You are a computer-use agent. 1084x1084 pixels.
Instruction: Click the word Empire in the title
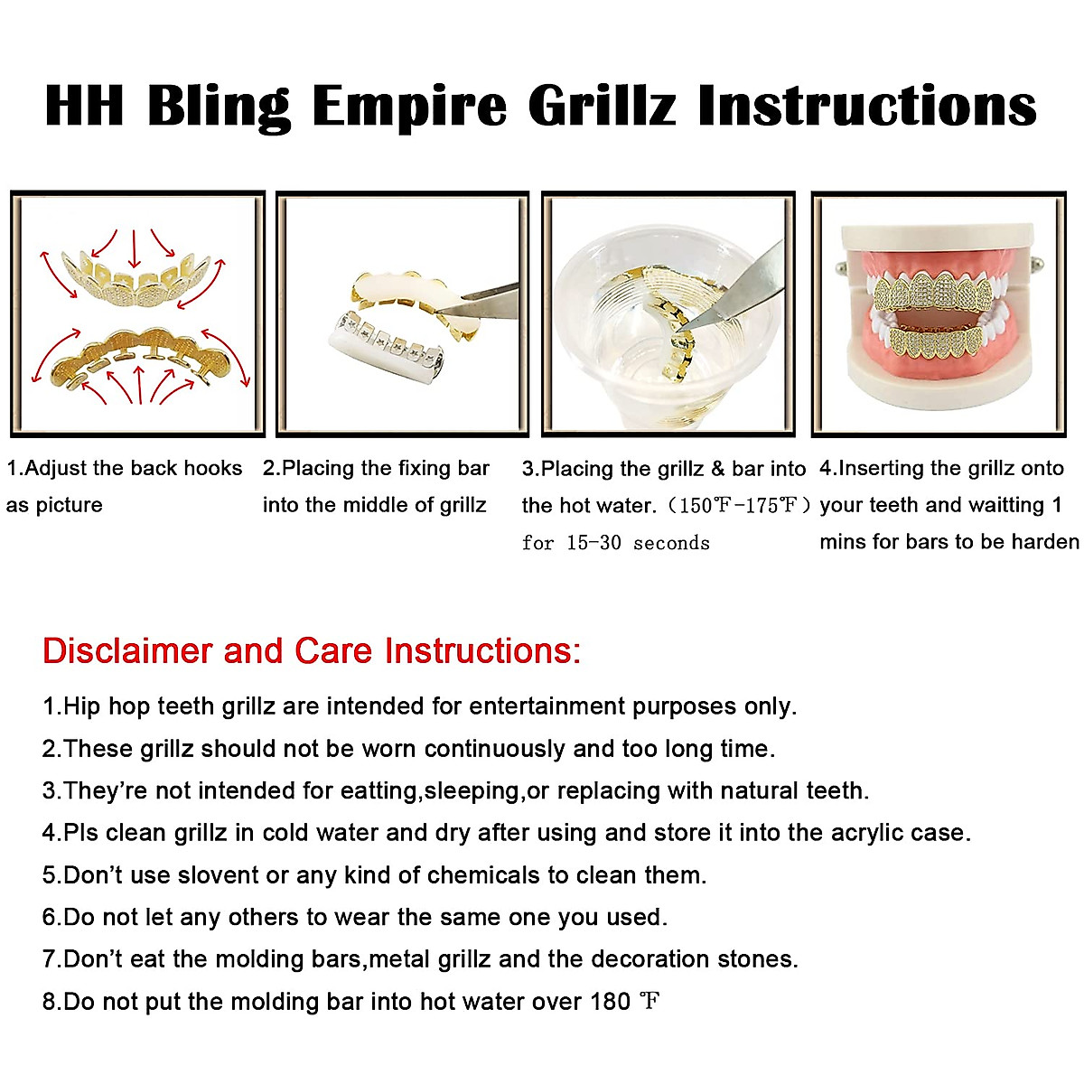409,107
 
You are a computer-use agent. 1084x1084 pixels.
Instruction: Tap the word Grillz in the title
603,107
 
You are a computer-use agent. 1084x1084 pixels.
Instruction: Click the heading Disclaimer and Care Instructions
312,651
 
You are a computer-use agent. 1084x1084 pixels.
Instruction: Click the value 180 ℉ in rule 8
625,1002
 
